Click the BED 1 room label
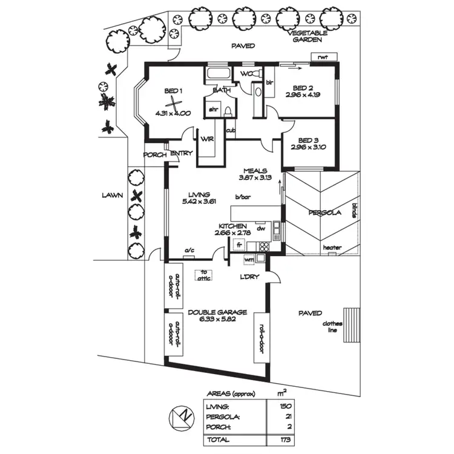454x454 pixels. (173, 91)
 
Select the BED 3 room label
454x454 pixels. (309, 139)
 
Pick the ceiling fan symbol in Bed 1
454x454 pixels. (173, 104)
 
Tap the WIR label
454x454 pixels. (208, 138)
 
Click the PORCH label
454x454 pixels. (154, 154)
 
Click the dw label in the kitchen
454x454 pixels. (261, 228)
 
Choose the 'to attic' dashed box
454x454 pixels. (204, 274)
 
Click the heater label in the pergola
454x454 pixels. (332, 248)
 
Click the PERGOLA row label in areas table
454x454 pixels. (223, 416)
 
